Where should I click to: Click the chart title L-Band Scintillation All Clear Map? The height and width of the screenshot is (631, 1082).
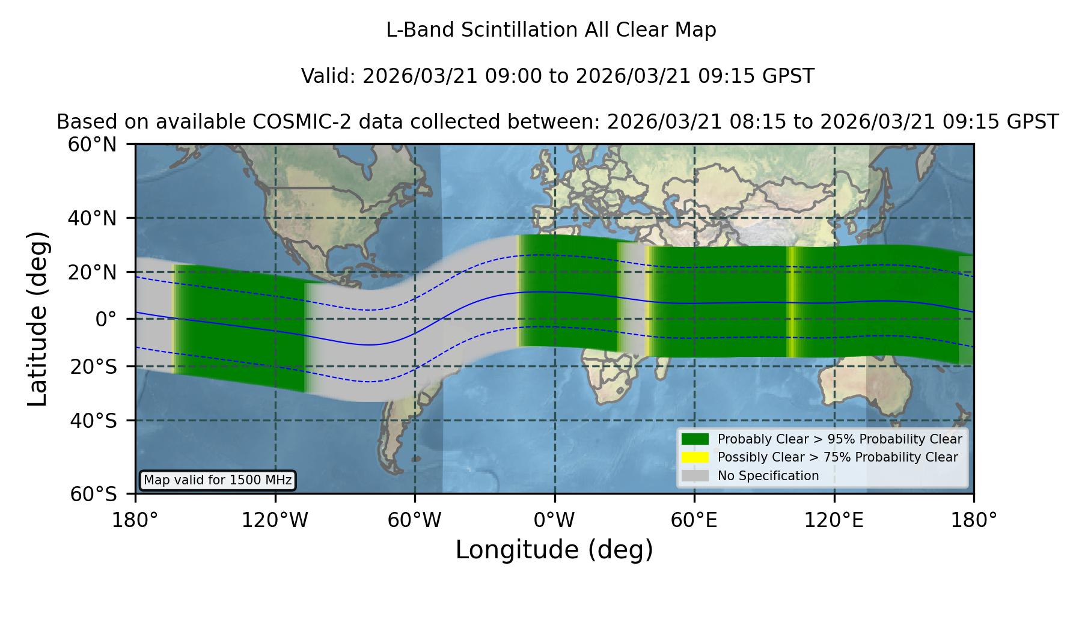551,30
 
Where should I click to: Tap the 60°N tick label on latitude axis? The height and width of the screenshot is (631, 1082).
93,145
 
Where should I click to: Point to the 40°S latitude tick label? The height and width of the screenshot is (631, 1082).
93,421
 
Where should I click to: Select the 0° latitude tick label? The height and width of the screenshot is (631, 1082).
106,319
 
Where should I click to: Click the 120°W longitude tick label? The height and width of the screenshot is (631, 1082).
275,520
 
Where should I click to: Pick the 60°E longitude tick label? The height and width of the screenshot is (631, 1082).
694,520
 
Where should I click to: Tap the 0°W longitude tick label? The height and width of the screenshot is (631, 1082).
555,520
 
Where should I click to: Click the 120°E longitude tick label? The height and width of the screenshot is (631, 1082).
834,520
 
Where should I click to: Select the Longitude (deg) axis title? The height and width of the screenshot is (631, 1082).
554,550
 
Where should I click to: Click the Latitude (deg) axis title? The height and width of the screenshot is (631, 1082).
37,319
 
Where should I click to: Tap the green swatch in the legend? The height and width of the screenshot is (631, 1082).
695,439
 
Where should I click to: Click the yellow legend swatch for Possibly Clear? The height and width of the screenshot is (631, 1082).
695,457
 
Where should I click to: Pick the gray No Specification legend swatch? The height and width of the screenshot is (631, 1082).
695,476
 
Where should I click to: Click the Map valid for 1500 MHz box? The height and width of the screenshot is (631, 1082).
218,480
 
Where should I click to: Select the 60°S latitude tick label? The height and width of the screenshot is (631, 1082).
93,494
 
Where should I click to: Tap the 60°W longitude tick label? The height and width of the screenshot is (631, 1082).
415,520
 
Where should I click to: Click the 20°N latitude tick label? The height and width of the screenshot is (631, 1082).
93,272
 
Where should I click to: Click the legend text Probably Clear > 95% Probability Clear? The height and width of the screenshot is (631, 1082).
840,439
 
